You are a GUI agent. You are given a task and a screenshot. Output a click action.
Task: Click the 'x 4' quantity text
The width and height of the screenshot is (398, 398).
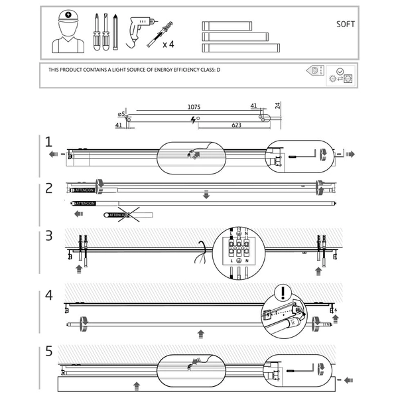point(169,44)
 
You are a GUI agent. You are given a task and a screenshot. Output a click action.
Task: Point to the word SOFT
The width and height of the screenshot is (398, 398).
point(346,25)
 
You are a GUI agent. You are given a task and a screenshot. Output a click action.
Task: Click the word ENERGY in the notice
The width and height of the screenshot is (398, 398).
point(166,70)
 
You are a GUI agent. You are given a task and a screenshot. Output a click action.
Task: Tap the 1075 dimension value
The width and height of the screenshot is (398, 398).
point(193,106)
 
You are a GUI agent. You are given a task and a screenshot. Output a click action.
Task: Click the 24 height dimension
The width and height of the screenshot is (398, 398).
point(278,105)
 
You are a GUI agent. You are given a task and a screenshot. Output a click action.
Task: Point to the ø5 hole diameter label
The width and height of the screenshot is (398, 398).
point(121,113)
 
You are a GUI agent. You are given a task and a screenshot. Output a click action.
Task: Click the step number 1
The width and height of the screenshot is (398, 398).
point(48,142)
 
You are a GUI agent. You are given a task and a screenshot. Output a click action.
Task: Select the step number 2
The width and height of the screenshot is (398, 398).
point(48,188)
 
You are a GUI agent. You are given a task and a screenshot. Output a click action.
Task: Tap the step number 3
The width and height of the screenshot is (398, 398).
point(48,235)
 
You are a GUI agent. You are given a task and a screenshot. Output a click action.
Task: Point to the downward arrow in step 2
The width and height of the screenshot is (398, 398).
point(206,195)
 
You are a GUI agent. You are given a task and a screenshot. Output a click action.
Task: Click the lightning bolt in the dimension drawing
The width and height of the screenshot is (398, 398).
point(193,119)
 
